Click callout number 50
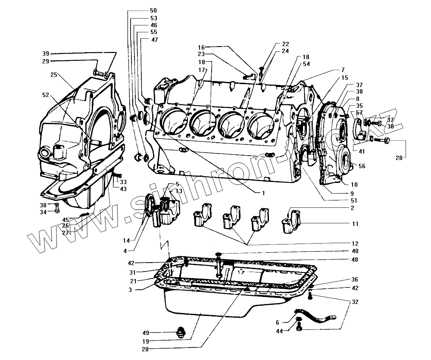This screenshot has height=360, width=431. (141, 10)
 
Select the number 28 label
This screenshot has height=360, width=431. (400, 158)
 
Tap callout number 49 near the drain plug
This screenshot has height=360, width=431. (146, 333)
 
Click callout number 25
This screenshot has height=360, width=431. (54, 75)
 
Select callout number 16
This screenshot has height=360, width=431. (201, 47)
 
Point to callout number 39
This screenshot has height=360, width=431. (46, 53)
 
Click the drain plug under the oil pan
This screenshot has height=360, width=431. (181, 332)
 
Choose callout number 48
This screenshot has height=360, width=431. (354, 260)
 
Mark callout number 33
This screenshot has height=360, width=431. (123, 182)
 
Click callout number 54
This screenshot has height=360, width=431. (306, 64)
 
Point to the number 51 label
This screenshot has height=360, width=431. (354, 200)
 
